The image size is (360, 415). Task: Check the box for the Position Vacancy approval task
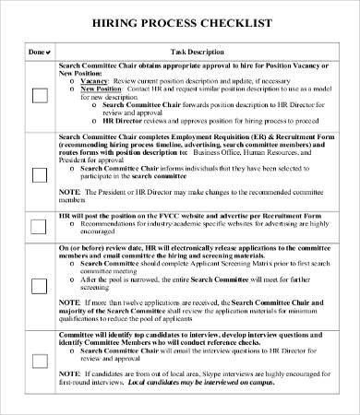[39, 95]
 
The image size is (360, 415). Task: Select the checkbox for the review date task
[39, 286]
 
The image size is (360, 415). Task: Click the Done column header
[37, 53]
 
